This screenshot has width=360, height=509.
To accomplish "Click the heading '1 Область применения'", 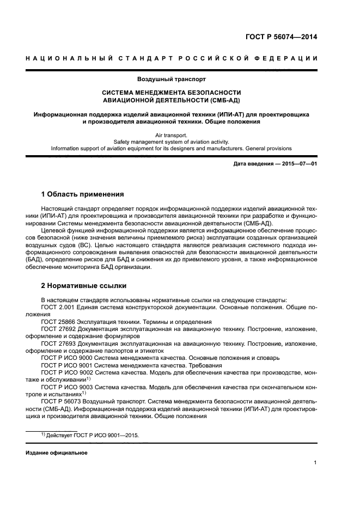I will [x=82, y=194].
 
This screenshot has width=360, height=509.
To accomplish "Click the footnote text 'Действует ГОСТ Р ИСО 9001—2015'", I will [x=94, y=436].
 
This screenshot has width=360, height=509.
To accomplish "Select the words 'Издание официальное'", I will [x=56, y=452].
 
